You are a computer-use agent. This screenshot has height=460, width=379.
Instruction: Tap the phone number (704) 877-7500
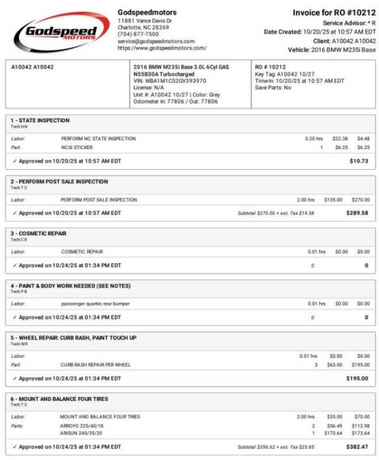click(x=138, y=35)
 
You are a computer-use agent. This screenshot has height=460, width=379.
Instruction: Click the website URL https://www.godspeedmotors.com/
click(x=162, y=48)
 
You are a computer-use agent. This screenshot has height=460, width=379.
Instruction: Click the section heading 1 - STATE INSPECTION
click(x=40, y=121)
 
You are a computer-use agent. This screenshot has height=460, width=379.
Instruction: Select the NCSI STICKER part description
click(x=77, y=147)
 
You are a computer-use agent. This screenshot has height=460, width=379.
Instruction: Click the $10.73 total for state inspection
click(x=358, y=161)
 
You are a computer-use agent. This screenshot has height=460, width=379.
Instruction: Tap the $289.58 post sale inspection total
click(x=356, y=213)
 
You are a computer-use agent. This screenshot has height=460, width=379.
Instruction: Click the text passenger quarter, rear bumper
click(x=95, y=304)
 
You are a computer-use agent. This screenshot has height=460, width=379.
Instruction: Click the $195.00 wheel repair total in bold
click(x=356, y=379)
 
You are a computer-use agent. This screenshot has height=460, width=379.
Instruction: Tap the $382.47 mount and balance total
click(x=356, y=447)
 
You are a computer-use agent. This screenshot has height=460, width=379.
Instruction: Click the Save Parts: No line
click(x=274, y=88)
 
